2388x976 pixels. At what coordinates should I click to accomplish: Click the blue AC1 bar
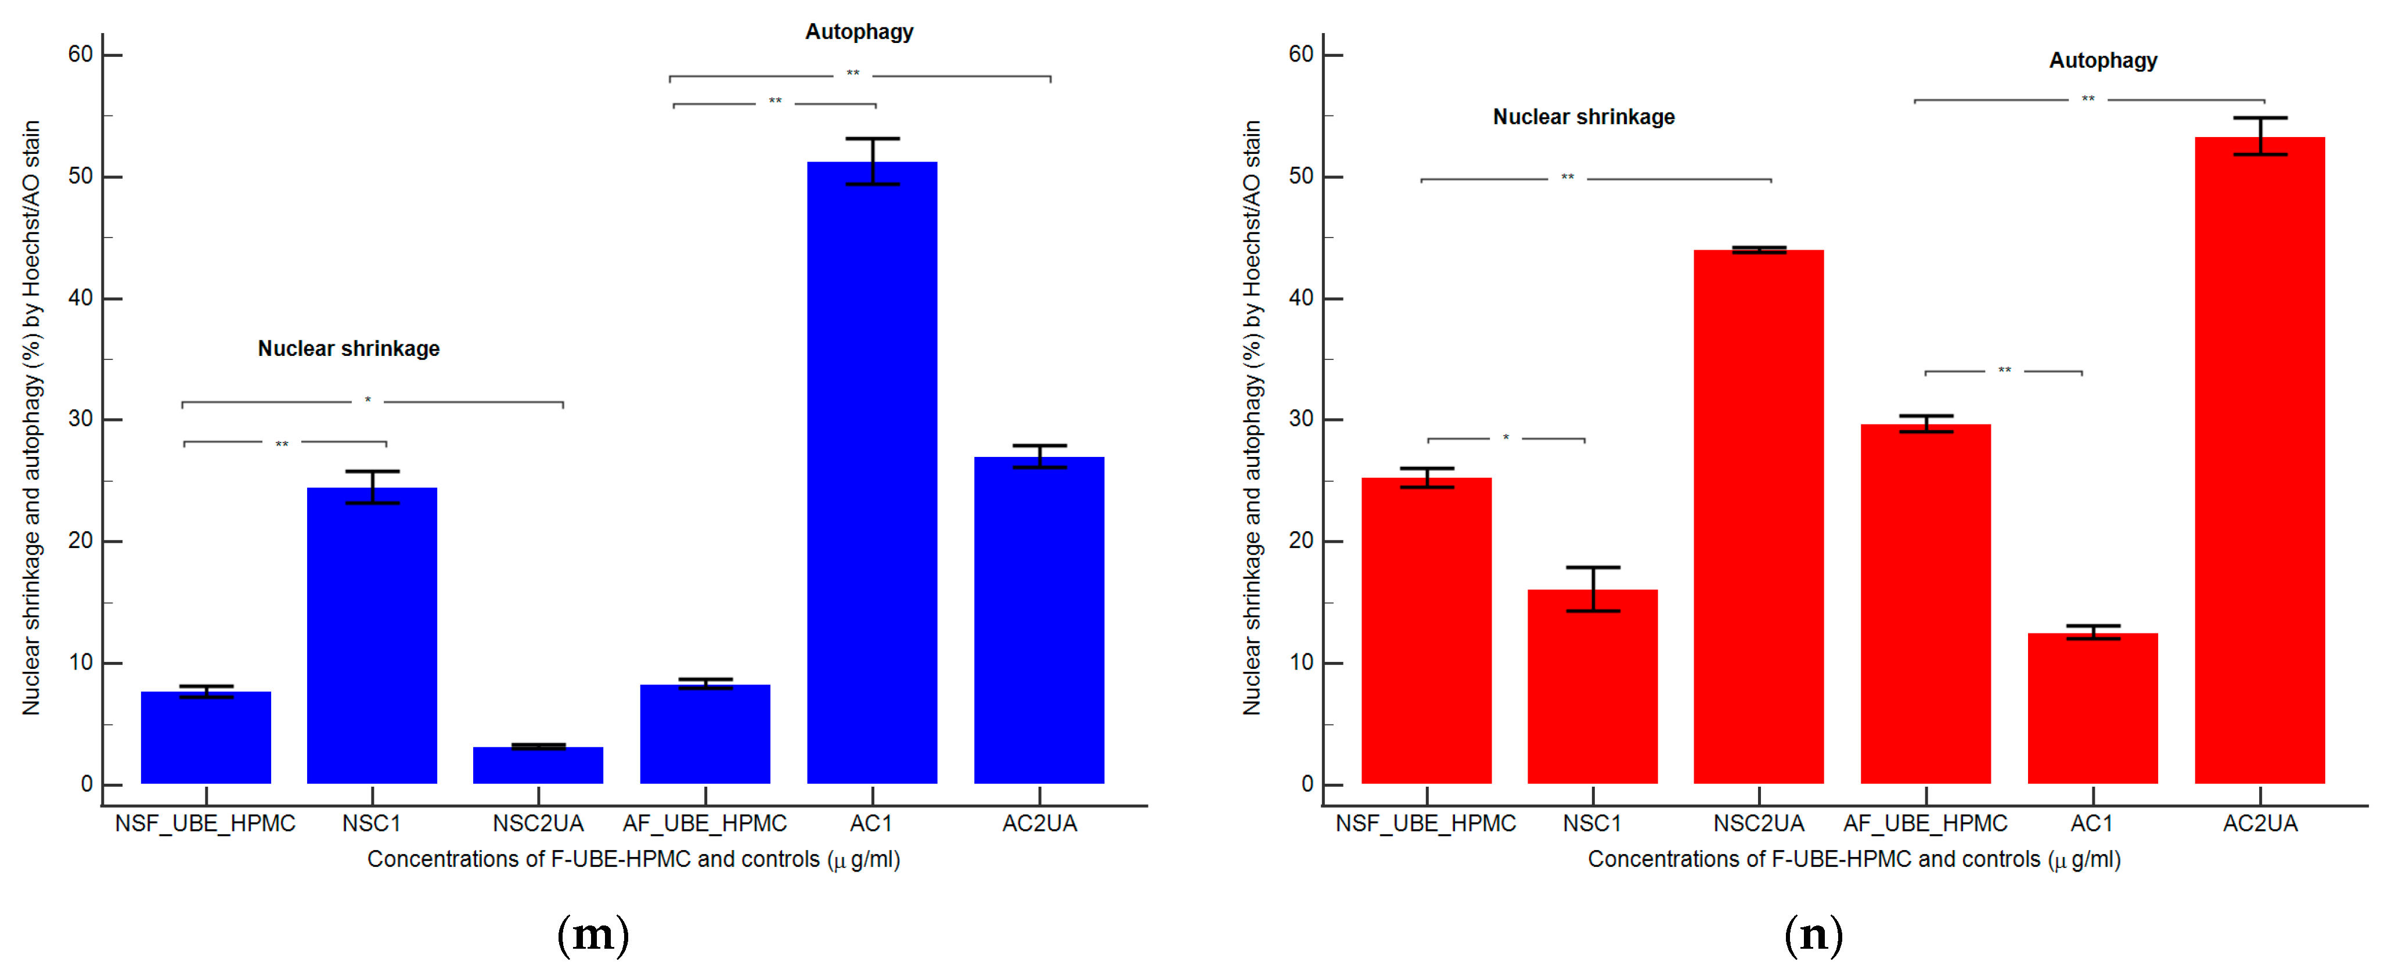(x=871, y=473)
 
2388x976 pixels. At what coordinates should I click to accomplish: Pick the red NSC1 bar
(x=1591, y=686)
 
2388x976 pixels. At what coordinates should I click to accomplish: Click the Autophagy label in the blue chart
(x=859, y=31)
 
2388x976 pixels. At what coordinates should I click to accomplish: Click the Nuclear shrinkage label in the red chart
(x=1583, y=117)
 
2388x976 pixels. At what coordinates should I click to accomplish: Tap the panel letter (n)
(x=1813, y=934)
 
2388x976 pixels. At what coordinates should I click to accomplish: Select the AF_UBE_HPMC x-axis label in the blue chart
(x=704, y=823)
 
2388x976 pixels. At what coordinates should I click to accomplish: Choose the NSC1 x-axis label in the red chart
(x=1591, y=823)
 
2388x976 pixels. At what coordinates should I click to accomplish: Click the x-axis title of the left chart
(x=633, y=859)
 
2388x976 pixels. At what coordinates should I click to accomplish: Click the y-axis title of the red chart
(x=1251, y=417)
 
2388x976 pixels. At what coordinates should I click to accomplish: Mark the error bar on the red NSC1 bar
(x=1593, y=589)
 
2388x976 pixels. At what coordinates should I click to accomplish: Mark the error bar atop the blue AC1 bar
(x=872, y=161)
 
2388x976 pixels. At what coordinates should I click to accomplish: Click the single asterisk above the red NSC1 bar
(x=1505, y=437)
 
